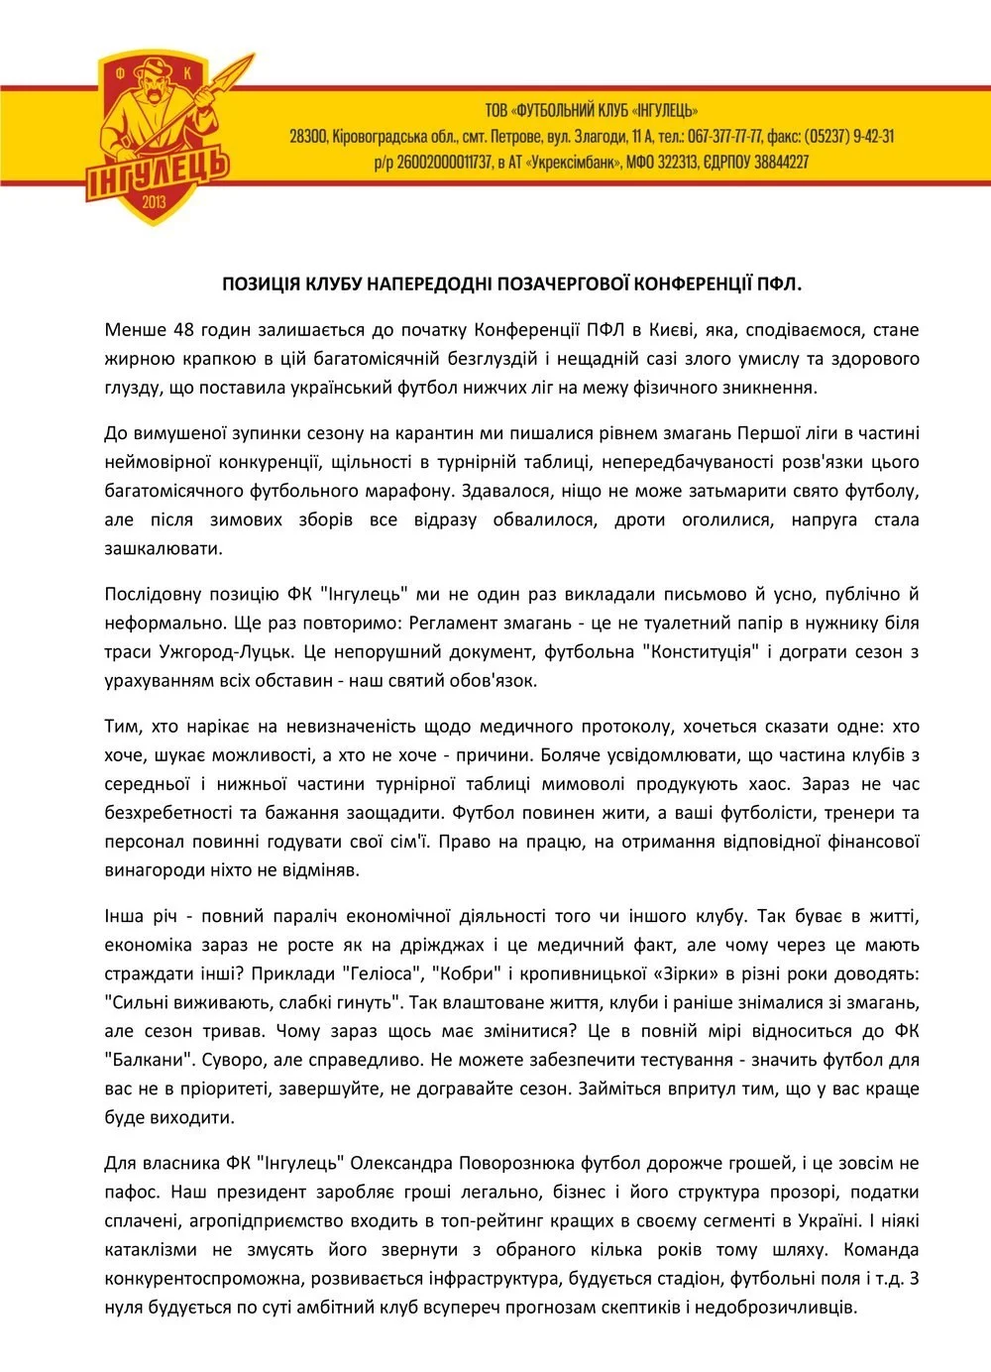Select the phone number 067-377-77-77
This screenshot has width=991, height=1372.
tap(725, 137)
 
